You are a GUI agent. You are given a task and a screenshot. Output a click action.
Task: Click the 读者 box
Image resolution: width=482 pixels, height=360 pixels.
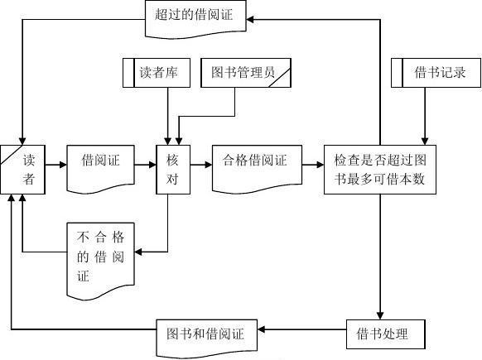[x=22, y=170]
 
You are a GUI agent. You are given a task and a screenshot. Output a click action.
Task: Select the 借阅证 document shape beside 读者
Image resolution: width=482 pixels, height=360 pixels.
[x=100, y=169]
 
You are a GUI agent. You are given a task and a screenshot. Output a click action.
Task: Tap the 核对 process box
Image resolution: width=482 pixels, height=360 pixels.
[x=173, y=170]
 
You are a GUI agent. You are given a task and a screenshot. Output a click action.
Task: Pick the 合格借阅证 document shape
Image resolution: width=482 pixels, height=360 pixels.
[x=257, y=169]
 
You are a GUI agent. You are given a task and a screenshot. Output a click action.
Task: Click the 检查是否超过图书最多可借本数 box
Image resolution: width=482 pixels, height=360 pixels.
[x=380, y=170]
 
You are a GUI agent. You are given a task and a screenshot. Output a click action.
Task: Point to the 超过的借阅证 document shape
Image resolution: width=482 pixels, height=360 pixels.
[x=195, y=19]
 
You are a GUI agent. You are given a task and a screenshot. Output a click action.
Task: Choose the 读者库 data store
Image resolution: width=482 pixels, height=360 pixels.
[x=157, y=73]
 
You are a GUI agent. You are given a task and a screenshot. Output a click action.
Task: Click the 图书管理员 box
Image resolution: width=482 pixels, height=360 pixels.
[x=246, y=73]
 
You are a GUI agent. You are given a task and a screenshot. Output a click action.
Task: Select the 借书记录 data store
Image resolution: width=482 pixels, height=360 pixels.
[x=436, y=73]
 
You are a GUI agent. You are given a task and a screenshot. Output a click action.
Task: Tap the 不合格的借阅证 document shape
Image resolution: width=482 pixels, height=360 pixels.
[x=100, y=261]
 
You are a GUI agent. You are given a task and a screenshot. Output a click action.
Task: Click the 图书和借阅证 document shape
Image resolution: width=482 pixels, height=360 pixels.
[x=206, y=338]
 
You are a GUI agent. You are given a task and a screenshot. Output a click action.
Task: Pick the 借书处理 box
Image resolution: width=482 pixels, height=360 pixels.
[x=386, y=334]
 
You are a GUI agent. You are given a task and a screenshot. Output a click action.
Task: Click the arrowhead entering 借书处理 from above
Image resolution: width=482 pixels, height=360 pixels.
[x=380, y=316]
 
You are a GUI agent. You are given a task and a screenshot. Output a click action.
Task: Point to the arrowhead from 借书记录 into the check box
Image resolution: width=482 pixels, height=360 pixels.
[x=425, y=142]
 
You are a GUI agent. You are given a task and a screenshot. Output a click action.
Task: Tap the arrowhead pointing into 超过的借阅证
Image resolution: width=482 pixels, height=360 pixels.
[x=250, y=19]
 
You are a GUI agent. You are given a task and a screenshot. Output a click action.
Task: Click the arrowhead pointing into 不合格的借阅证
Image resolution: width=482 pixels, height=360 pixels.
[x=138, y=252]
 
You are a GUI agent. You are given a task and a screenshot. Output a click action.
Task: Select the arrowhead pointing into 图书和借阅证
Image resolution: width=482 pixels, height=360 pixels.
[x=261, y=329]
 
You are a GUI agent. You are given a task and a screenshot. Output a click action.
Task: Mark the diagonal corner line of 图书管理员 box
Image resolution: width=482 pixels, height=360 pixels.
[x=280, y=78]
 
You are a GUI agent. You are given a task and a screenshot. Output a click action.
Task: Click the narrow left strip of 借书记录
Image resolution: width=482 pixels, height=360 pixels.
[x=397, y=73]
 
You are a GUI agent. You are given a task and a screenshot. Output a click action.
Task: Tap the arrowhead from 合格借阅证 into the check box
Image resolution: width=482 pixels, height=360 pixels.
[x=321, y=165]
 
